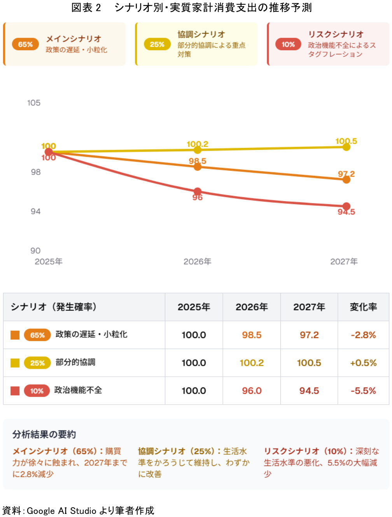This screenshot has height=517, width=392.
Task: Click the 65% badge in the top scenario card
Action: (x=25, y=44)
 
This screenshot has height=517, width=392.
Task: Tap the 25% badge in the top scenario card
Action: (x=157, y=44)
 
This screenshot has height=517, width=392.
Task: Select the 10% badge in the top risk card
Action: (x=288, y=44)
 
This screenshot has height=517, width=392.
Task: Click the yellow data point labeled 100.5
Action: (x=346, y=147)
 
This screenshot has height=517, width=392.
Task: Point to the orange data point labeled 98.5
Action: (x=198, y=167)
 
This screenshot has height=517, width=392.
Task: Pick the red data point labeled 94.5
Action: (x=346, y=206)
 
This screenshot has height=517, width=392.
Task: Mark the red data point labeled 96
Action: (x=198, y=191)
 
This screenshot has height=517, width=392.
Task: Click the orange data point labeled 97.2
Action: (x=346, y=179)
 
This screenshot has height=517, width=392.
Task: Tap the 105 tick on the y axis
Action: (x=34, y=103)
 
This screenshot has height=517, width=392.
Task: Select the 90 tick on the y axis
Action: (x=35, y=251)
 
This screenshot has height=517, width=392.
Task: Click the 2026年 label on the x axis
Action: (x=198, y=261)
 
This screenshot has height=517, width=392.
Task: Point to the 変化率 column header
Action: (x=363, y=307)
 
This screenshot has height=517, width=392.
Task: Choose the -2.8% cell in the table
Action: (x=363, y=335)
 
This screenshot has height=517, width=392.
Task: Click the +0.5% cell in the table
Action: (x=363, y=363)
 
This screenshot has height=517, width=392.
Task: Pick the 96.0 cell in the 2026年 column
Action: (x=252, y=391)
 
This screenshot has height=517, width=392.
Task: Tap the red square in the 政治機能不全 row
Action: (x=15, y=391)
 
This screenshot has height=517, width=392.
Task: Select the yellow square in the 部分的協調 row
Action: (x=15, y=363)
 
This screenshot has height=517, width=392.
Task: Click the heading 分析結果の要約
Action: (x=44, y=434)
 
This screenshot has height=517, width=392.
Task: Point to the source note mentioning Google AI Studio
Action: (x=78, y=510)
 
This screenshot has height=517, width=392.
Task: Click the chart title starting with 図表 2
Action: (x=191, y=7)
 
